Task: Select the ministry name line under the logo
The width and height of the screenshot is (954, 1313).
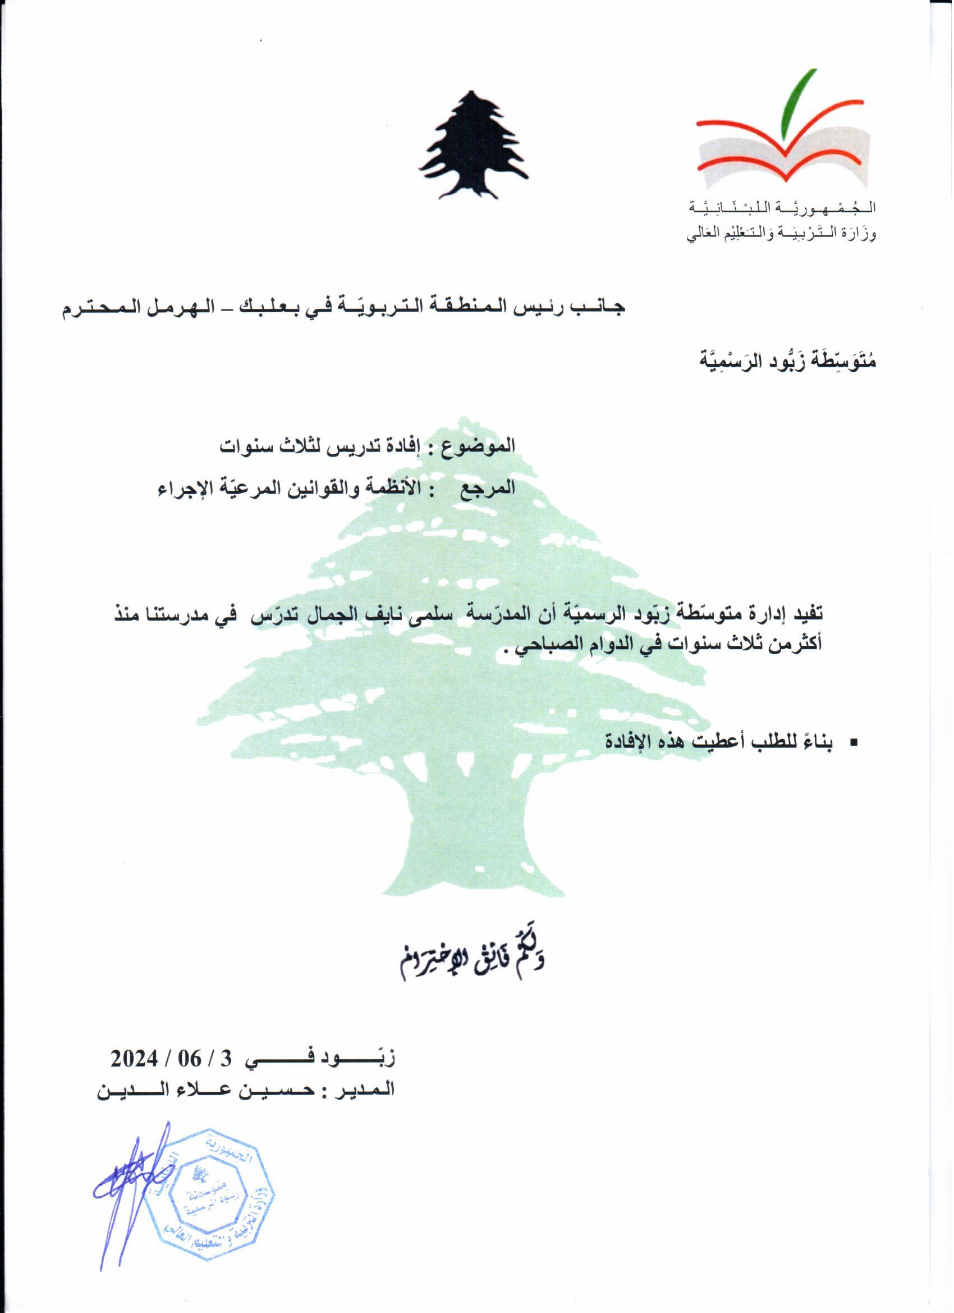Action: click(781, 235)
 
